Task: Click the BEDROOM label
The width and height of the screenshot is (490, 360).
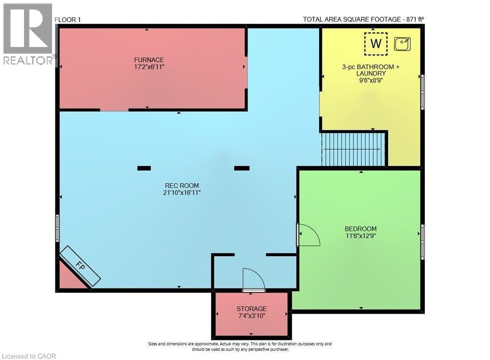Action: (x=361, y=229)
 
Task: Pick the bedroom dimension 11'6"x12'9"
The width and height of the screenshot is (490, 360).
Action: (x=361, y=236)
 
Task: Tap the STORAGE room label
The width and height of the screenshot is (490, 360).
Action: (x=251, y=309)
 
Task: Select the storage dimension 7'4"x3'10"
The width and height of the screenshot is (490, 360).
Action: (x=251, y=316)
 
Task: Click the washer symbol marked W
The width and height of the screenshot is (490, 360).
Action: (x=376, y=44)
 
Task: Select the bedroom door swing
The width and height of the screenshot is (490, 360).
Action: (x=308, y=235)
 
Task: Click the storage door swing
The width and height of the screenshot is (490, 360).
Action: (x=253, y=280)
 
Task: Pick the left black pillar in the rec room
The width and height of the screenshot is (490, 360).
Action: (x=144, y=168)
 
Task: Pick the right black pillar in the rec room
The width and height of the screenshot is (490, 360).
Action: (x=242, y=168)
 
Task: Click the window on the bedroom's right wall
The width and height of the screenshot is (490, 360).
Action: (x=422, y=241)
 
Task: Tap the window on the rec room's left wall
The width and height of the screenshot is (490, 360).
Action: (x=57, y=228)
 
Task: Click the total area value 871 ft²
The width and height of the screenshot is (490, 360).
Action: (x=410, y=20)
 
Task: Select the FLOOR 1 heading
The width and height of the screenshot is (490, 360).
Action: (x=68, y=20)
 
